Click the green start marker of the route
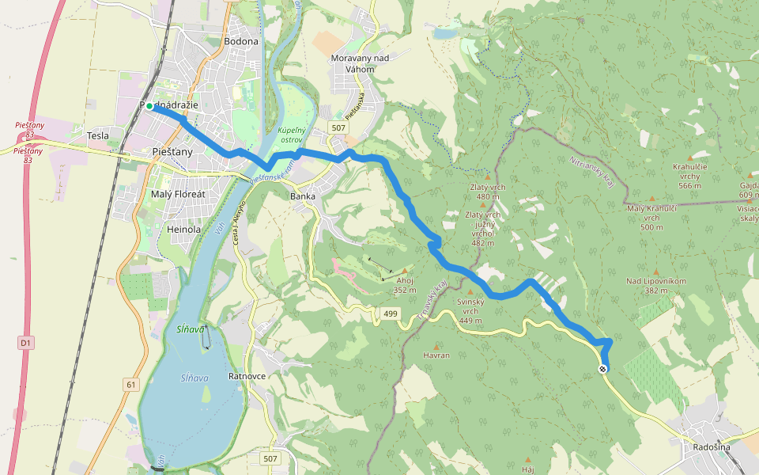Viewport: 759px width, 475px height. click(x=149, y=106)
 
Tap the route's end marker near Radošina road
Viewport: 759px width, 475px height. click(x=603, y=369)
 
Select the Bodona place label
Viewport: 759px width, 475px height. click(x=241, y=41)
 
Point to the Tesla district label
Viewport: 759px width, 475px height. click(x=98, y=135)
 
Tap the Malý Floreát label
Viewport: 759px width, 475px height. click(x=178, y=194)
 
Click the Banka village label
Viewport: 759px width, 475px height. click(x=303, y=196)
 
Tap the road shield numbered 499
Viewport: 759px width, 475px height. click(x=391, y=314)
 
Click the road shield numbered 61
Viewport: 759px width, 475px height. click(x=130, y=385)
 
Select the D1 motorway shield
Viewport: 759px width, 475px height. click(x=26, y=343)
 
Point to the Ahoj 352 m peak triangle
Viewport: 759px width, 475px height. click(x=405, y=272)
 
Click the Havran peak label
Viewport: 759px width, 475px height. click(x=436, y=355)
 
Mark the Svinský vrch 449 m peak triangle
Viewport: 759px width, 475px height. click(x=470, y=292)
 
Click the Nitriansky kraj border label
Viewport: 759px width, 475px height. click(x=591, y=172)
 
